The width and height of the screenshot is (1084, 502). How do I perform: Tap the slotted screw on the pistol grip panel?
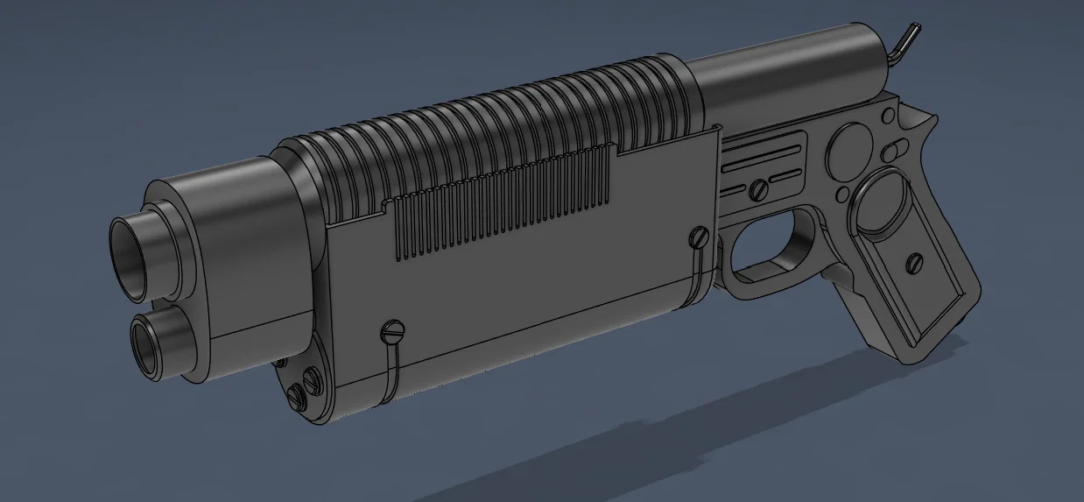click(918, 260)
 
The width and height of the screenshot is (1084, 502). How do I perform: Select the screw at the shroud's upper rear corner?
click(699, 236)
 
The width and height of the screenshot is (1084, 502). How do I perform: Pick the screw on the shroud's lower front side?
click(391, 331)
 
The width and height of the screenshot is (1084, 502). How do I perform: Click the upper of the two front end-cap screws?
click(308, 379)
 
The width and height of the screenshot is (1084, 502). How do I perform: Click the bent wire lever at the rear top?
click(907, 40)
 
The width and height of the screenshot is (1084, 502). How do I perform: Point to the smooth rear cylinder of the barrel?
click(788, 66)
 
